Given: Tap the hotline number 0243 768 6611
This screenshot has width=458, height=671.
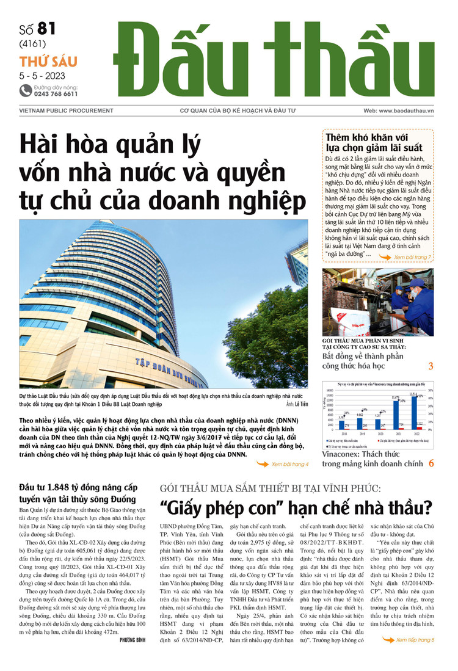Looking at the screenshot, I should tap(56, 94).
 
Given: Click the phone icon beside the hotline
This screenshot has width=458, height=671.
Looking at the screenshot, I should tap(26, 90).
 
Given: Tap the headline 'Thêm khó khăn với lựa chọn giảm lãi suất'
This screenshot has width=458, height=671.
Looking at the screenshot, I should tap(374, 143).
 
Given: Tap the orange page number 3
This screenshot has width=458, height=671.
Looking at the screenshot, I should tap(431, 366).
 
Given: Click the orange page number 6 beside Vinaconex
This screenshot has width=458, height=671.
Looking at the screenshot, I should tap(431, 463).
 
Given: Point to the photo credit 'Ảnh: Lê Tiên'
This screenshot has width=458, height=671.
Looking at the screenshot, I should tap(296, 404).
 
